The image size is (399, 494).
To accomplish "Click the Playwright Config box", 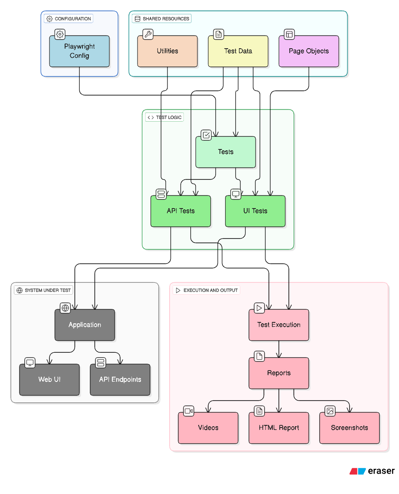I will point(79,51).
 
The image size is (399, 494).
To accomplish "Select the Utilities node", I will point(167,51).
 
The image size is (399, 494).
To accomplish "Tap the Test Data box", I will point(238,51).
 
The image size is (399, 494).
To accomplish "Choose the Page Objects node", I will point(309,51).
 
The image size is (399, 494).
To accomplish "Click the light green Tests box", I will point(226,152).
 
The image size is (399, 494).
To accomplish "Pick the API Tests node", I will point(180,211).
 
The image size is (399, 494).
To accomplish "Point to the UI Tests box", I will point(255,211).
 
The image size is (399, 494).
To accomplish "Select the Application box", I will point(85,325).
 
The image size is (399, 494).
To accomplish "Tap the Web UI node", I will point(49,380).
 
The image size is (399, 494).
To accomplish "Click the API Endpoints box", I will point(120,380).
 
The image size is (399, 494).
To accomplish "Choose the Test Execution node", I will point(279,325).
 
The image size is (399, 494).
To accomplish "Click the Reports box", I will point(279,373).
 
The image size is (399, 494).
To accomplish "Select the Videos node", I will point(208,428).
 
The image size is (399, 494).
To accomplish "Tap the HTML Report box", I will point(279,428).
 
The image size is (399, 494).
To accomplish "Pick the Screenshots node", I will point(350,428).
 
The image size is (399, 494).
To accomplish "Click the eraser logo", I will point(372,471).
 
